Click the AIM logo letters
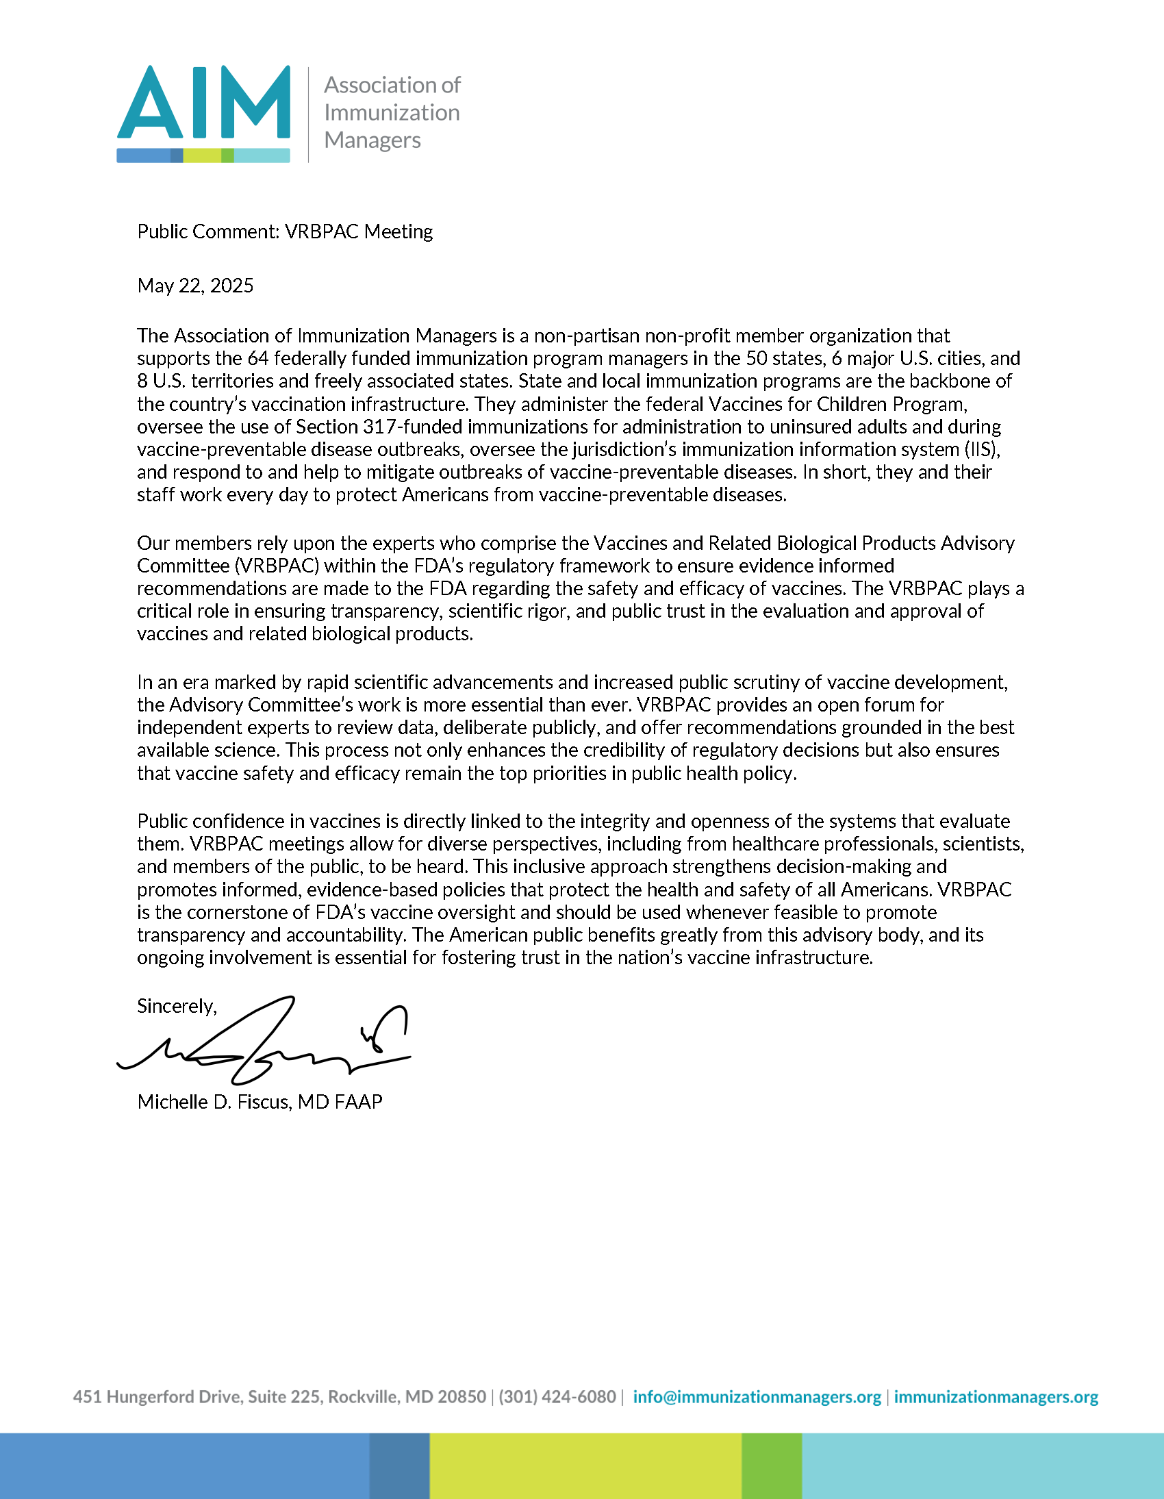tap(204, 103)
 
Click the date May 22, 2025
tap(196, 286)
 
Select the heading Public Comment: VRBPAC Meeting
tap(285, 231)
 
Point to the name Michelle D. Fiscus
tap(214, 1102)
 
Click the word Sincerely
tap(176, 1006)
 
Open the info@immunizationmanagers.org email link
tap(757, 1397)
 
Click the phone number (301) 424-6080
tap(557, 1397)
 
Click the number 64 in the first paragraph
tap(258, 358)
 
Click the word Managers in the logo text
tap(372, 140)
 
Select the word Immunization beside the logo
tap(392, 112)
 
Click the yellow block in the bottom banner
tap(585, 1466)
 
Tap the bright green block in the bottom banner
tap(772, 1466)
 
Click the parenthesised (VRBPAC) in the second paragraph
tap(276, 566)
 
